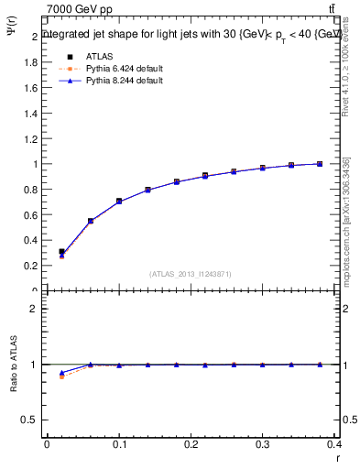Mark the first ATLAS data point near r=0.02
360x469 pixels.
point(61,252)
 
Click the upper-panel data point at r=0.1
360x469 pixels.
point(119,201)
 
